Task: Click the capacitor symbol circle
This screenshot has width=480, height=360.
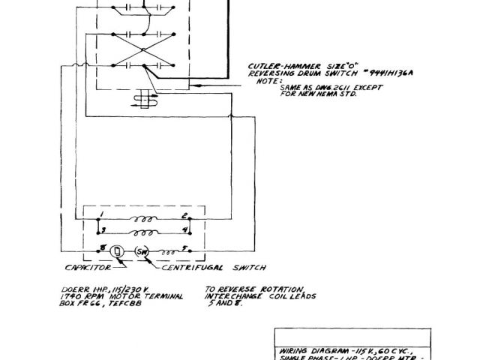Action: [x=118, y=250]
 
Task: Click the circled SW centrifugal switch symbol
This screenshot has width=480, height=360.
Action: [x=142, y=250]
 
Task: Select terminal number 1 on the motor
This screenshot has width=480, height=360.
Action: [x=99, y=215]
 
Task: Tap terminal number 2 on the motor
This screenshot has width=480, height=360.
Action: [x=182, y=215]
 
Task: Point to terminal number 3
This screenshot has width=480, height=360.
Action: [x=104, y=229]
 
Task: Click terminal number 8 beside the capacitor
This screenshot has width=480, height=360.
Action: [x=100, y=248]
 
